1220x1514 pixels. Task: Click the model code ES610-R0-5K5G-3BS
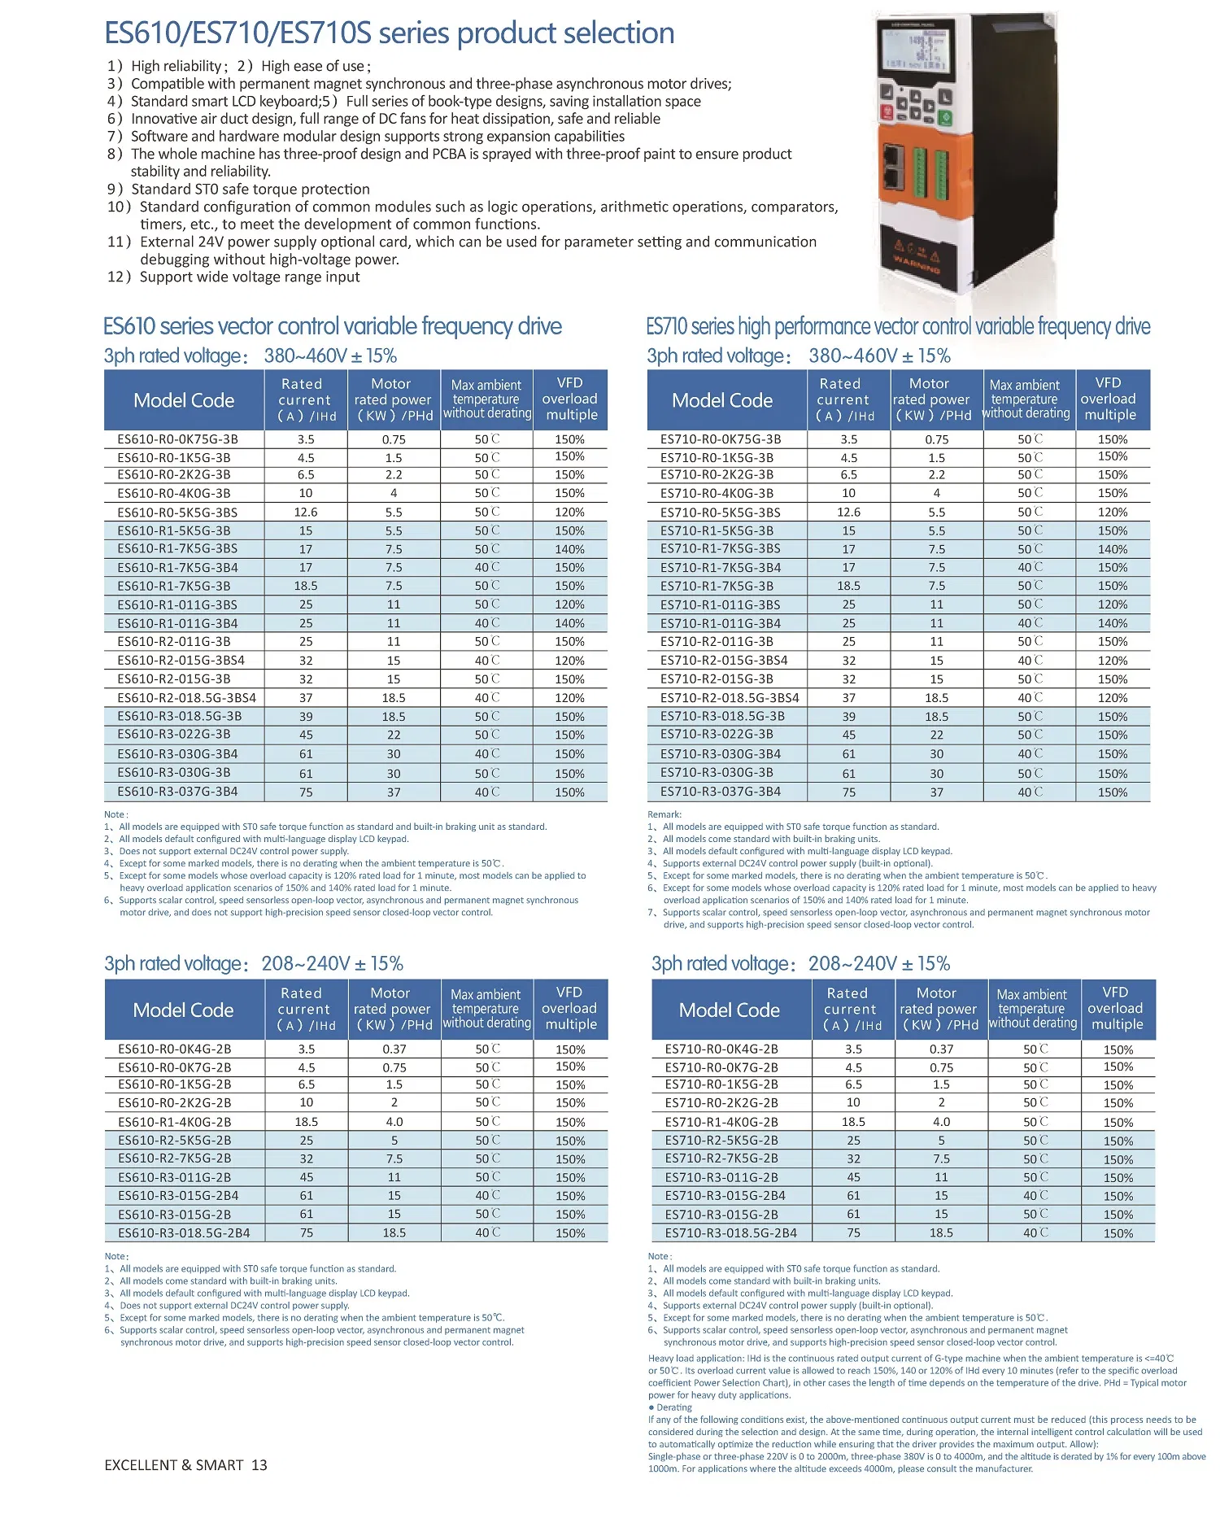(x=177, y=513)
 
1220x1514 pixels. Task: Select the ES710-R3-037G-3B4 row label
(x=720, y=792)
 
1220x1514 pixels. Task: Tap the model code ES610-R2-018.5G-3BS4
(x=186, y=698)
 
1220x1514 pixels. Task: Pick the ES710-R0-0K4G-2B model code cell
(x=721, y=1049)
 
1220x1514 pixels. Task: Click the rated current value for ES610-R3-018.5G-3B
(x=306, y=717)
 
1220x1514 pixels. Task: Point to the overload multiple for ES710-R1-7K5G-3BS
(x=1112, y=549)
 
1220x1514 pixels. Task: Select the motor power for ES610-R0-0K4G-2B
(x=394, y=1049)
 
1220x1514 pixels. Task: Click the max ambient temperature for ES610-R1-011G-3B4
(x=486, y=623)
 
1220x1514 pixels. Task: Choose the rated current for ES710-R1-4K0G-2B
(x=853, y=1122)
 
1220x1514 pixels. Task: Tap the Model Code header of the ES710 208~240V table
(x=729, y=1010)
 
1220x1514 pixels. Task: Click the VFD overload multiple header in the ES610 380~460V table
(x=569, y=399)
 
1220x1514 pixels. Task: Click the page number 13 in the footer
(x=259, y=1465)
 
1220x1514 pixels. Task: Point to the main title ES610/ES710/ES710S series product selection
(x=389, y=33)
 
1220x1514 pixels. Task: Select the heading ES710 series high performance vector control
(x=898, y=327)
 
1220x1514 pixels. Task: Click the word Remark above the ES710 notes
(x=664, y=814)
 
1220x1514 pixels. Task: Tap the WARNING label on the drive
(x=916, y=263)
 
